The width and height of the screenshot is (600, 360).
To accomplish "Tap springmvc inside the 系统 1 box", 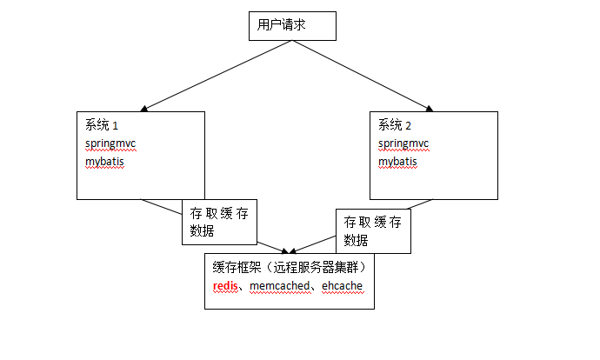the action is point(110,143).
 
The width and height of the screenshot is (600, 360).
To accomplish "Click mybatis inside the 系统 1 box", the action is point(104,162).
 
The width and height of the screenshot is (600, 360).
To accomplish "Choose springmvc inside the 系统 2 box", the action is point(403,143).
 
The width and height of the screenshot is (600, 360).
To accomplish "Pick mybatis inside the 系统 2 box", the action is point(397,162).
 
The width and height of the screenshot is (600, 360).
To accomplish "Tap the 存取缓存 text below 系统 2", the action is point(373,223).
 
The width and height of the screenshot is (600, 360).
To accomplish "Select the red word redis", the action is point(225,286).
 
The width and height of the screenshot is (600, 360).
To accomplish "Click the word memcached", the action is point(280,286).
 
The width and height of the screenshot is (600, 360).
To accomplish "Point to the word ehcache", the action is point(343,286).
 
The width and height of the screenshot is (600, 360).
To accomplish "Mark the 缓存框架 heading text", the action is point(238,267).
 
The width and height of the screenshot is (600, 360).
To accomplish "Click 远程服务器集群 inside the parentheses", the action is point(318,267).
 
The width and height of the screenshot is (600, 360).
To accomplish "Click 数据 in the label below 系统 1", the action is point(202,231).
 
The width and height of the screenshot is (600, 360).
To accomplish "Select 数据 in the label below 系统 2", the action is point(356,241).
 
